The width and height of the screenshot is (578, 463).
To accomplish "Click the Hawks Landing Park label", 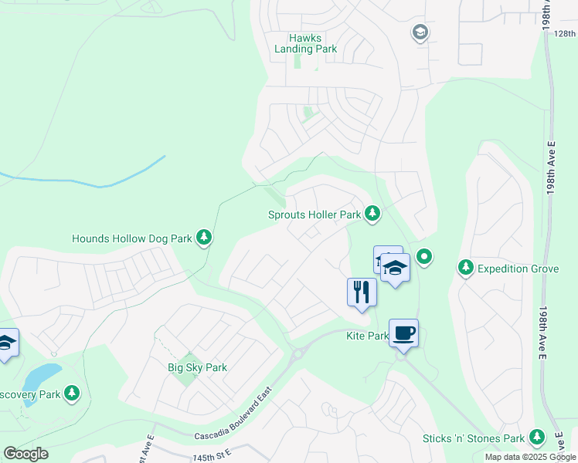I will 305,43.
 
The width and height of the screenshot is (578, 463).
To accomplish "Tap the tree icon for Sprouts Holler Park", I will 372,213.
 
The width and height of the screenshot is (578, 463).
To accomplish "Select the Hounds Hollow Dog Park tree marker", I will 204,238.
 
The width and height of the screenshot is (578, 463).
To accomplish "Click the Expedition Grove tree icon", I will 465,268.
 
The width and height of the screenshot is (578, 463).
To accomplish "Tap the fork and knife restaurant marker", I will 361,292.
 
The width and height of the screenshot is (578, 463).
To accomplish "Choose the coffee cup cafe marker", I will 403,333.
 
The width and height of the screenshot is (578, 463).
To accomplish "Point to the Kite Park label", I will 366,336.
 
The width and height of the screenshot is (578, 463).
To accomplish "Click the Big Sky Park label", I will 198,367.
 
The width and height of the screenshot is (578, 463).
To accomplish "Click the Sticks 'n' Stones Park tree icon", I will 536,438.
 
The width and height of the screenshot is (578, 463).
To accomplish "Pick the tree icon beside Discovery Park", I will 72,394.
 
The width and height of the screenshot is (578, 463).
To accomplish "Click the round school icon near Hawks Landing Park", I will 420,33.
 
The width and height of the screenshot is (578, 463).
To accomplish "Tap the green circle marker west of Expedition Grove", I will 423,255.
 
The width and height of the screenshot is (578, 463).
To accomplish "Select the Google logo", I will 25,453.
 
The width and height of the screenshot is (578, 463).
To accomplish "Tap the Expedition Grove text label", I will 517,268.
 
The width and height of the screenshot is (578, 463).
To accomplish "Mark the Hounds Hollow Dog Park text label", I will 131,238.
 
